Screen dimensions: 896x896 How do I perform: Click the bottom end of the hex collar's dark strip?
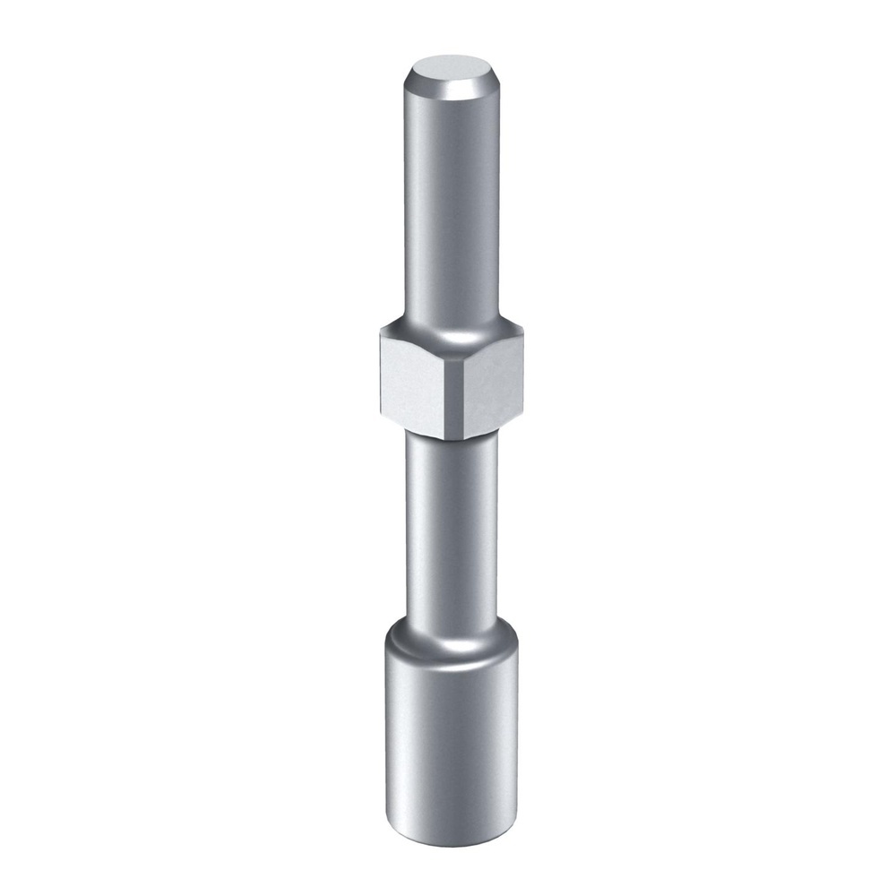coord(457,438)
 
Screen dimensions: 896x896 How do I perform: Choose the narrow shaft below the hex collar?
coord(451,529)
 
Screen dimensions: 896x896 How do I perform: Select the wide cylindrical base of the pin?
coord(451,735)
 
